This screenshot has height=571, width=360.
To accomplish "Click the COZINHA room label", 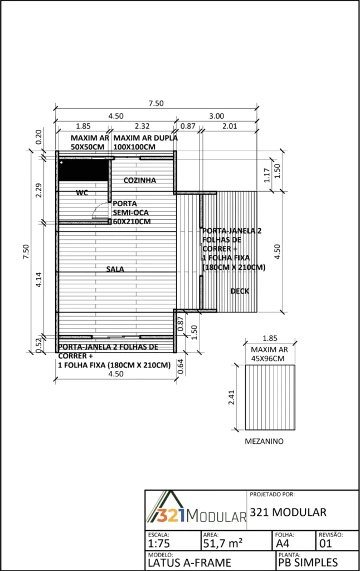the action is [140, 180].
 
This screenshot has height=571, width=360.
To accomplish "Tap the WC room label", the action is [82, 192].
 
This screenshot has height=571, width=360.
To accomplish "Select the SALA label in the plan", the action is [115, 269].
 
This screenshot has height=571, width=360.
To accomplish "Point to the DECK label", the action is [240, 291].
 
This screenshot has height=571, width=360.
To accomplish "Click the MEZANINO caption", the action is [264, 442].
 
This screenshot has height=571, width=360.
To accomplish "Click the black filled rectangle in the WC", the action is [84, 170].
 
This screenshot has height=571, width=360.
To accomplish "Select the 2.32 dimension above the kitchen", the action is [142, 126].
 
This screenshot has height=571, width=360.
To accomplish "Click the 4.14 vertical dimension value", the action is [38, 280].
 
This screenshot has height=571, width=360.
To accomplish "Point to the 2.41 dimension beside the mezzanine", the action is [231, 397].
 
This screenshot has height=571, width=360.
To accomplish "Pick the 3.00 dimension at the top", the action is [217, 116].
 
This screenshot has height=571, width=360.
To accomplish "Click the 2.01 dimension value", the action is [230, 126].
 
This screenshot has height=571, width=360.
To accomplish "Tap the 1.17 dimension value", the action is [267, 175].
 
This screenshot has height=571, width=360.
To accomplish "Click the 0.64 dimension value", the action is [181, 366].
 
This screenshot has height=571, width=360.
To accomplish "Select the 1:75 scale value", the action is [159, 544].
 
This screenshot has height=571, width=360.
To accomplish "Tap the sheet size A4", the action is [283, 544].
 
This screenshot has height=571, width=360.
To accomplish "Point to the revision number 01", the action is [325, 544].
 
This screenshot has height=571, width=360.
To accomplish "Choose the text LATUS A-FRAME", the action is [189, 563].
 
